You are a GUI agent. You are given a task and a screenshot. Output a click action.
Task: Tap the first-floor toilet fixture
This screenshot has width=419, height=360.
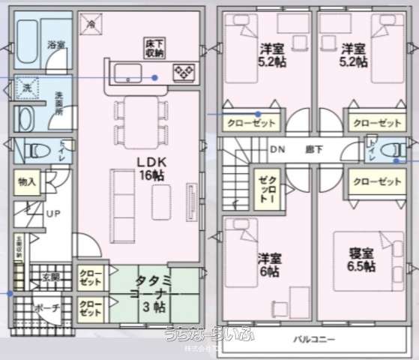click(34, 150)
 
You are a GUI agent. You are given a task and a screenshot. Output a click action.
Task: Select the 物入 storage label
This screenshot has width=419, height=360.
click(27, 182)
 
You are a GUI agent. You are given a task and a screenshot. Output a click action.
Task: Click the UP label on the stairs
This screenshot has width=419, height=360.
click(54, 214)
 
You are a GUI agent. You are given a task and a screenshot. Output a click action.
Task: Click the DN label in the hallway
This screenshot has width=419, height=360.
click(277, 148)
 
